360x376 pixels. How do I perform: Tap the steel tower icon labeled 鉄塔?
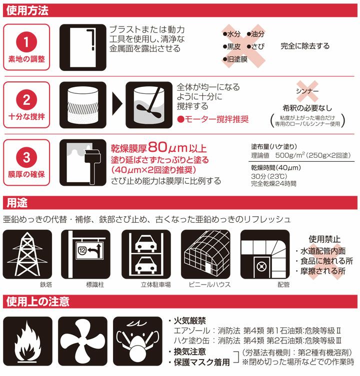pyautogui.click(x=27, y=254)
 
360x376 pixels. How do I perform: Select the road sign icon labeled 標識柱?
pyautogui.click(x=87, y=254)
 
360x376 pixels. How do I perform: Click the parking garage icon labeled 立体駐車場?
pyautogui.click(x=146, y=254)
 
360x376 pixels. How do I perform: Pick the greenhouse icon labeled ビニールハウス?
pyautogui.click(x=205, y=254)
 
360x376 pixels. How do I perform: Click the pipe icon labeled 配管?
pyautogui.click(x=265, y=254)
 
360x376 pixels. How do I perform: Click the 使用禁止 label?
pyautogui.click(x=319, y=239)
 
